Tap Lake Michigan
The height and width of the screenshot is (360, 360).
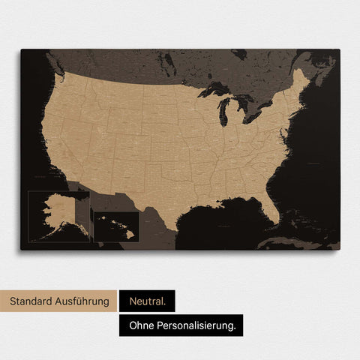click(x=224, y=112)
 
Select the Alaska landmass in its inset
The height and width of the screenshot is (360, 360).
click(x=56, y=213)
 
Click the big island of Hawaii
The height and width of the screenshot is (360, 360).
click(x=130, y=234)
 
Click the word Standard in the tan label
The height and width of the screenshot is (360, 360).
click(x=31, y=301)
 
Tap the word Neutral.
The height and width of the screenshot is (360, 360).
click(x=146, y=301)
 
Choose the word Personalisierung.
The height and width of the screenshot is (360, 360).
click(x=198, y=325)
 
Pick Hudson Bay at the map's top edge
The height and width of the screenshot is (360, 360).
click(x=238, y=54)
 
